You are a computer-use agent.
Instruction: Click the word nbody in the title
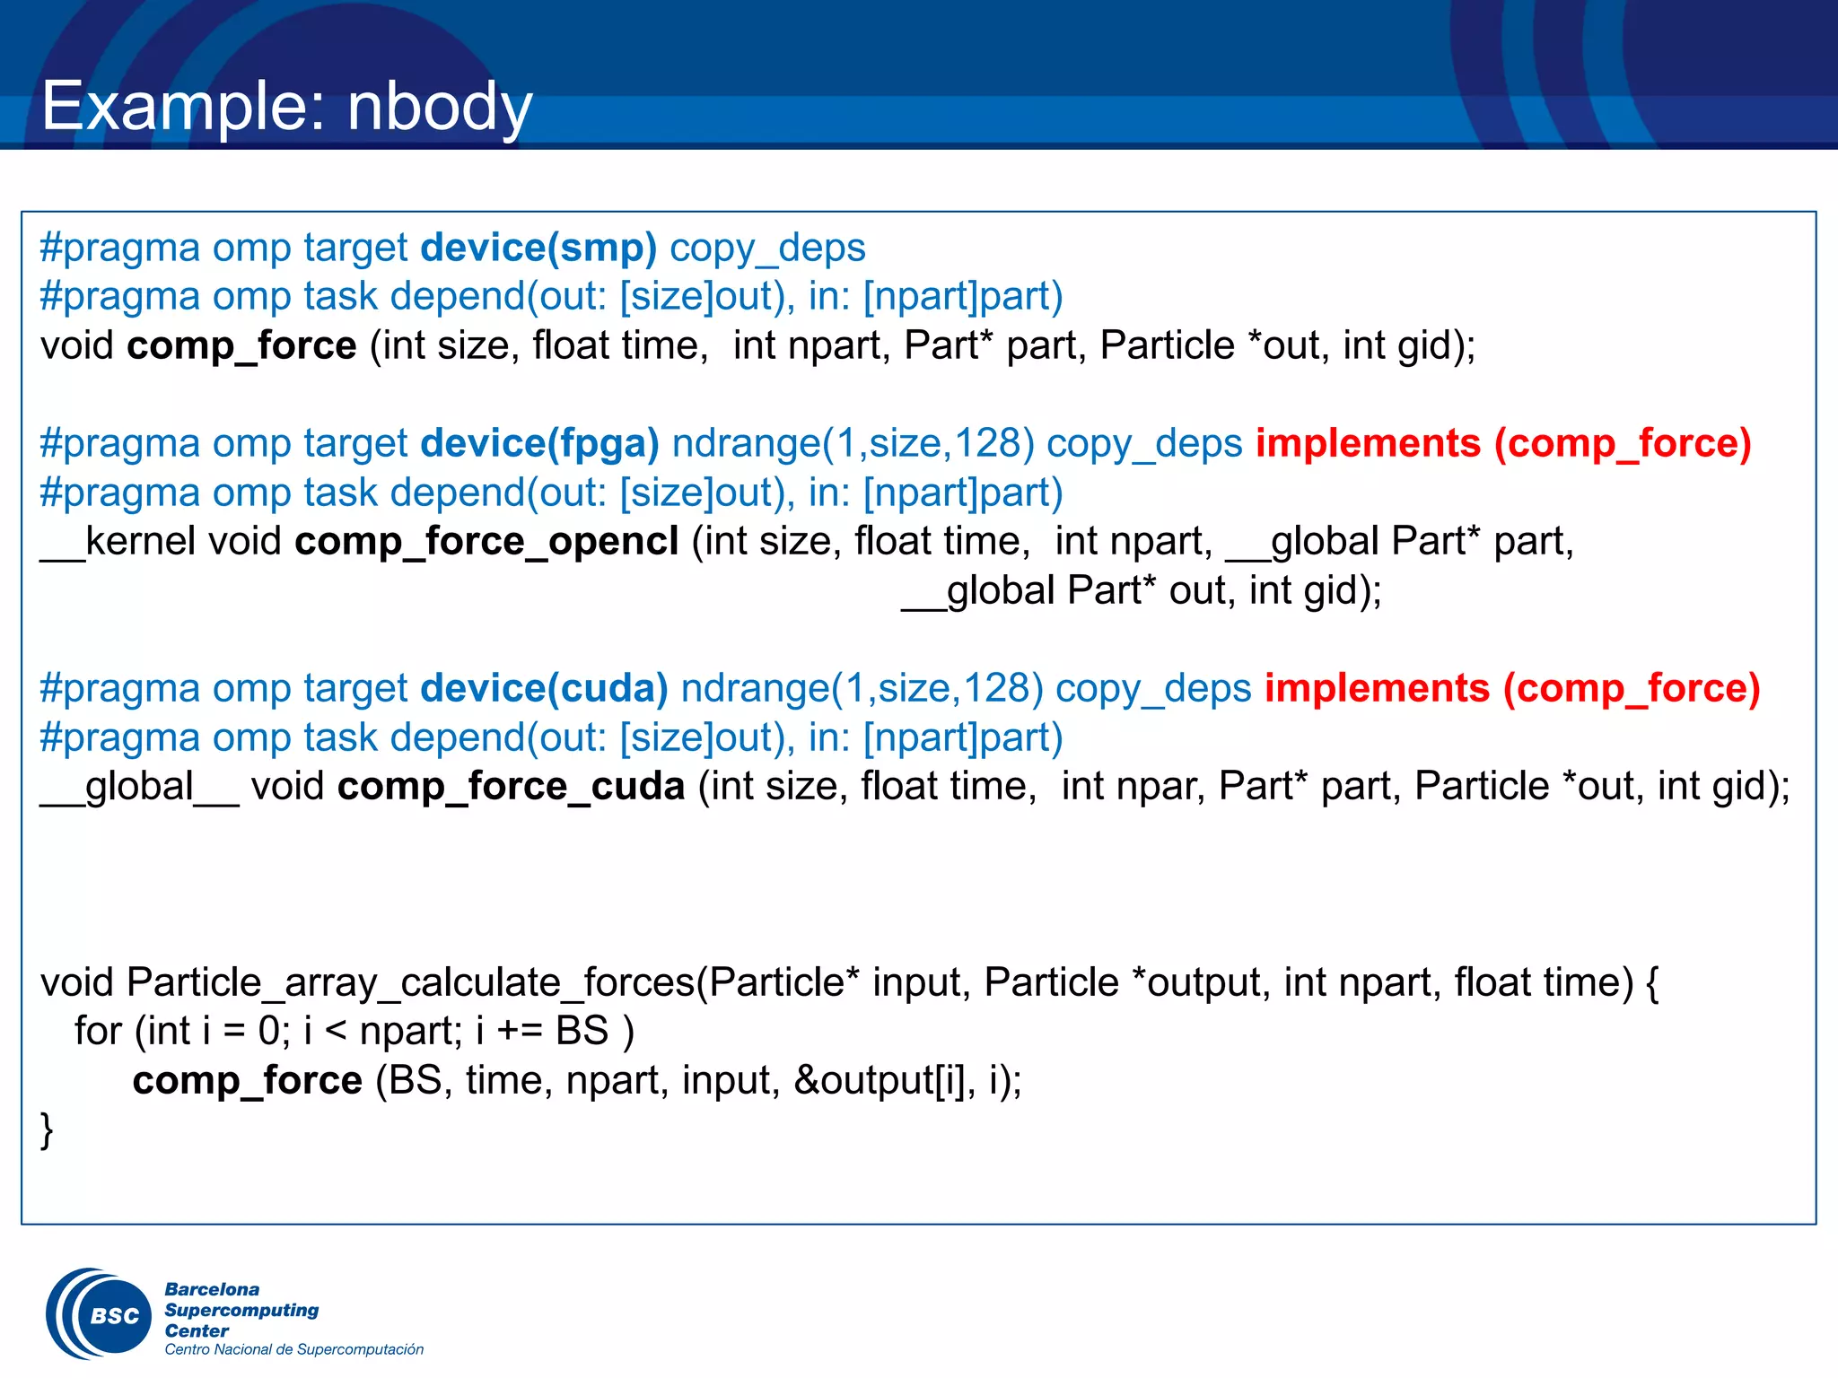[440, 107]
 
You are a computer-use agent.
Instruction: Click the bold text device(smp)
[538, 249]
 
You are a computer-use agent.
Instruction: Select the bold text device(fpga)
[539, 444]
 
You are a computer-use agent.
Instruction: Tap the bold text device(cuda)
[544, 689]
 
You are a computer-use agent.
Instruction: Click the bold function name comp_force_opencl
[486, 542]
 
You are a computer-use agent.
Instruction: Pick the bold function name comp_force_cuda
[511, 787]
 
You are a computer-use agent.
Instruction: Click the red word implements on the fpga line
[1368, 444]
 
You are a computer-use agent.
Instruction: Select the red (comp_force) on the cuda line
[1632, 689]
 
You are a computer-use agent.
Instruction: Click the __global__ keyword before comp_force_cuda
[139, 787]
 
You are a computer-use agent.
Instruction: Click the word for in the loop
[98, 1032]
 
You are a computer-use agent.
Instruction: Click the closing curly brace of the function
[47, 1130]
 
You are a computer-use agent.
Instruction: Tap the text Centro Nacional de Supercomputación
[293, 1349]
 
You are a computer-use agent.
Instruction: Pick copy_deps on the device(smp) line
[767, 249]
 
